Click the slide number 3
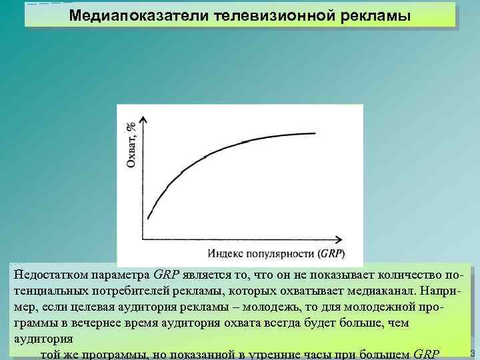(472, 353)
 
